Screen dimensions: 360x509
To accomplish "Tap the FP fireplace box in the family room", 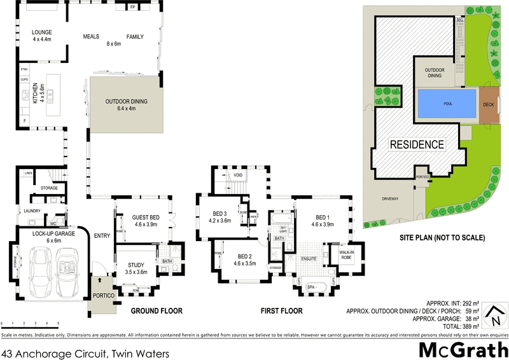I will point(132,8).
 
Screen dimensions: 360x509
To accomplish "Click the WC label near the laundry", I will point(53,223).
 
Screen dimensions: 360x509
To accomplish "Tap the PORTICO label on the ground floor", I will point(102,296).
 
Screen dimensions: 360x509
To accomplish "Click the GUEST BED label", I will point(145,218).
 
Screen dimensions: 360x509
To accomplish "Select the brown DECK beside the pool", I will point(488,104).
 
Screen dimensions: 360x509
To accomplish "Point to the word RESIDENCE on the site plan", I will point(417,144).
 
